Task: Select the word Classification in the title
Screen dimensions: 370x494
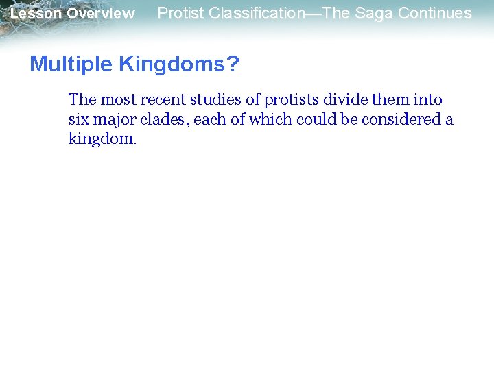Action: [x=257, y=13]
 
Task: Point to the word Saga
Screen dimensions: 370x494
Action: [x=370, y=13]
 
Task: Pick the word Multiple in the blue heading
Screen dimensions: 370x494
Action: [x=71, y=64]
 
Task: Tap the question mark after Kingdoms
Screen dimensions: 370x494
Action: [x=233, y=64]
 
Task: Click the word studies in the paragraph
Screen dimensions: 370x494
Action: [x=214, y=100]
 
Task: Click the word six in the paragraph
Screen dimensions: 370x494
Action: [x=79, y=120]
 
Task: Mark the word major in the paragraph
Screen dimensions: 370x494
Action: [x=114, y=120]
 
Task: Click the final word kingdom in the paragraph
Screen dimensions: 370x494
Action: [x=102, y=139]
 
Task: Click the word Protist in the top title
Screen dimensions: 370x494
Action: [x=180, y=13]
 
